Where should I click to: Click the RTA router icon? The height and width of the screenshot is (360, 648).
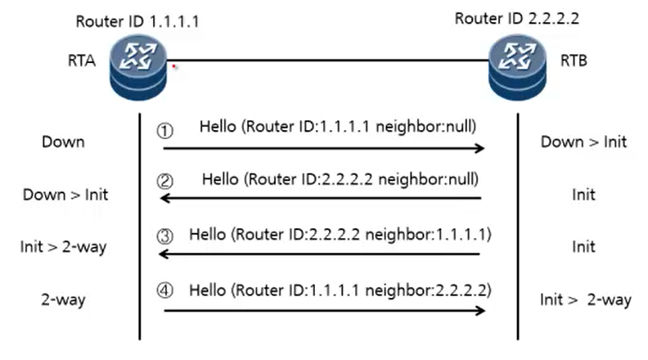[x=138, y=67]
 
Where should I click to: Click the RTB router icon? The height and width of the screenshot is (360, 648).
[x=517, y=67]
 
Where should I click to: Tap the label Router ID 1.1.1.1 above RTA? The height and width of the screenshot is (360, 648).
[x=137, y=21]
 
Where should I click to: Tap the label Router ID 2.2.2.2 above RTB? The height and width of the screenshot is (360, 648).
[x=516, y=19]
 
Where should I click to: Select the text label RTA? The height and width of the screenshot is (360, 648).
[x=82, y=61]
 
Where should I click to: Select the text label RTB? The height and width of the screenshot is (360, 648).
[x=574, y=61]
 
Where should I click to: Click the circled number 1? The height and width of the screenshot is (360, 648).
[x=165, y=131]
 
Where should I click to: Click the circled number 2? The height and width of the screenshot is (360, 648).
[x=165, y=181]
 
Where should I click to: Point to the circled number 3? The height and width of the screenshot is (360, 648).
[x=165, y=236]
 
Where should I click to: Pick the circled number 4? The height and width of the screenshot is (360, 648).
[x=165, y=290]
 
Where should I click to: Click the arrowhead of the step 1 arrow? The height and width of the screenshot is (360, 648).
[x=480, y=148]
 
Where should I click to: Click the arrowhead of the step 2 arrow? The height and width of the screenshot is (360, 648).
[x=165, y=198]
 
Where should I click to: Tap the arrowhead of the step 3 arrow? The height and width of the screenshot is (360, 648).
[x=164, y=254]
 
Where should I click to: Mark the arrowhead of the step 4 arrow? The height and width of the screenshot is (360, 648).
[x=480, y=310]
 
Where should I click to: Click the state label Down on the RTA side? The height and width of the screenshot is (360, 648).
[x=63, y=142]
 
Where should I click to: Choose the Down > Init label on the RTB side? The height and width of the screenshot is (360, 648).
[x=583, y=142]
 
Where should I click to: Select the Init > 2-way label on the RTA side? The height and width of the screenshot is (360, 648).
[x=63, y=247]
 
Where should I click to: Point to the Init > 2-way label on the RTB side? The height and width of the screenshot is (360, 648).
[x=586, y=299]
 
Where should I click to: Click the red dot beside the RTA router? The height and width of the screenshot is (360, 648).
[x=174, y=65]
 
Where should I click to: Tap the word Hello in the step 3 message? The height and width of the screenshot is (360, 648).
[x=208, y=234]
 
